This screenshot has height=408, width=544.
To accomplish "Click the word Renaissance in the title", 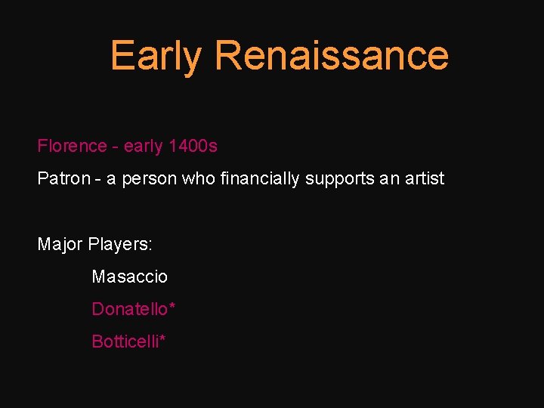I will (332, 55).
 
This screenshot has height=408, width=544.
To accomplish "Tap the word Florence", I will (73, 146).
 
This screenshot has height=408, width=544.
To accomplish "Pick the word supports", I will (337, 180).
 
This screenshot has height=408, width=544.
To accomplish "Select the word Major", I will (60, 245).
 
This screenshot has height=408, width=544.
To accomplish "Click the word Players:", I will (120, 246).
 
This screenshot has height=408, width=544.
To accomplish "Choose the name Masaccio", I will (129, 277).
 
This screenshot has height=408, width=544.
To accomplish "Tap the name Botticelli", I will (125, 342).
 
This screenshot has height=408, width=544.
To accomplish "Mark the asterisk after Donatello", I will (172, 306).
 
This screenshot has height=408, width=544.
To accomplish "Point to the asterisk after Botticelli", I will (162, 338).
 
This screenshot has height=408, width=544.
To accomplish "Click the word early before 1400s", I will (144, 147).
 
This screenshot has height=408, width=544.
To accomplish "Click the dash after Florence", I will (115, 147).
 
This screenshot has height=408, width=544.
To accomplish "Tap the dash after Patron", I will (95, 180).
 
